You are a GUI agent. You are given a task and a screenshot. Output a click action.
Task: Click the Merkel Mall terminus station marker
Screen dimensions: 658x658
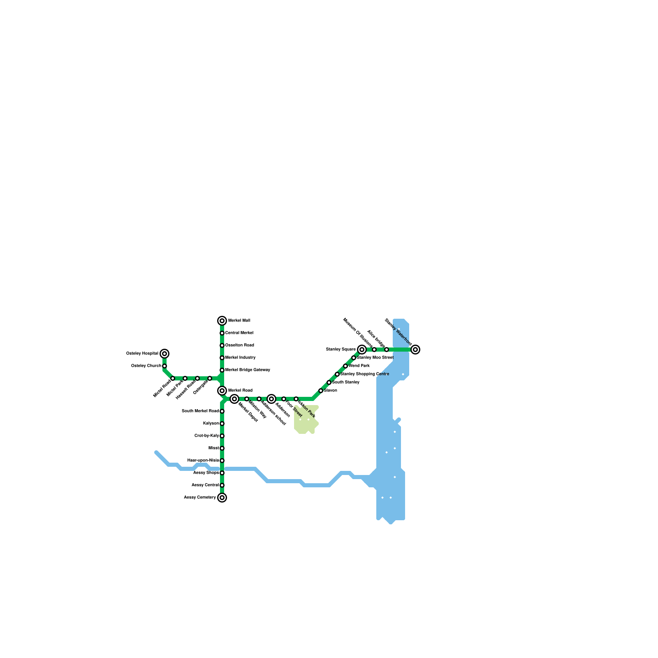(x=222, y=321)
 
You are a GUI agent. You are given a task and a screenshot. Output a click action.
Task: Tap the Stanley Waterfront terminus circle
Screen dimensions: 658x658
(x=415, y=350)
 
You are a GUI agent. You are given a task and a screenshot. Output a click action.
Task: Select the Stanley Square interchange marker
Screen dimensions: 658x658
(x=362, y=350)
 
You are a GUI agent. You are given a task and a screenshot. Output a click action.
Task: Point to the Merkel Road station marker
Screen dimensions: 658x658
(x=222, y=391)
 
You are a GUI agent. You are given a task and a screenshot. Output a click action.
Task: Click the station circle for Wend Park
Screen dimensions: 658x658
(x=345, y=366)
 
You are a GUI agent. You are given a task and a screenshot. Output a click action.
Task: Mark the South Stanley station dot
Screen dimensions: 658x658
(x=329, y=382)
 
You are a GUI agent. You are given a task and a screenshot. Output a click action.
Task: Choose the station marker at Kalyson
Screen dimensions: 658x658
(x=222, y=424)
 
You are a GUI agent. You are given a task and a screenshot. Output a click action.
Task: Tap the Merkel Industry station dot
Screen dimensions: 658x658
(x=222, y=358)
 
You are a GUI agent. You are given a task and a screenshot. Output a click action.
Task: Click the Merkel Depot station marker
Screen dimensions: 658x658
(x=234, y=399)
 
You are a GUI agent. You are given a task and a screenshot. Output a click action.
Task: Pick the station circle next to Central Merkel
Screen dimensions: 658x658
(x=222, y=333)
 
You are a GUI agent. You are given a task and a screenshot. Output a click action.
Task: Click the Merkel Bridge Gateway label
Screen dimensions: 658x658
(x=248, y=370)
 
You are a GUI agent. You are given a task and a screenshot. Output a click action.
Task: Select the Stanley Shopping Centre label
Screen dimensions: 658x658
(x=365, y=374)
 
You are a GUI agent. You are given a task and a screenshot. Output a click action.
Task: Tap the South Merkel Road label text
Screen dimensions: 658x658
(x=200, y=411)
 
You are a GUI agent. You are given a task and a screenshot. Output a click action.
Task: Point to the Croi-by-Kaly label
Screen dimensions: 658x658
(x=207, y=436)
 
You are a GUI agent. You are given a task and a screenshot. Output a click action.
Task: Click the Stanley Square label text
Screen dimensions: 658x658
(x=341, y=350)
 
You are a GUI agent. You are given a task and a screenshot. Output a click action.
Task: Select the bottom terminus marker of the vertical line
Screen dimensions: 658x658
(x=222, y=498)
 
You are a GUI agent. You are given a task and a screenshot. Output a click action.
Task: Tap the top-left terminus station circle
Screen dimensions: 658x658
(x=164, y=354)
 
